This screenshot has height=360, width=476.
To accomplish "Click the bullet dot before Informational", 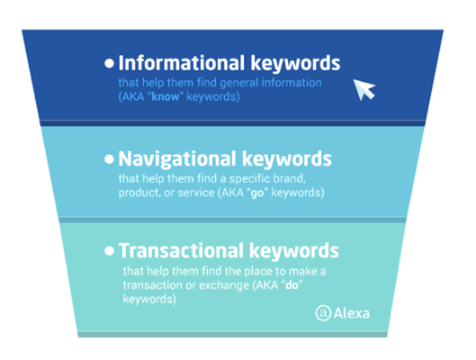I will tap(110, 64).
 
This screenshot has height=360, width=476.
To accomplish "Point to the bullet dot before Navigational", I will tap(110, 160).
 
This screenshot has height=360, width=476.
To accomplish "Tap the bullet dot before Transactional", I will tap(110, 250).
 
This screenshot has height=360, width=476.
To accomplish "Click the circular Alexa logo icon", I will tap(322, 313).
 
